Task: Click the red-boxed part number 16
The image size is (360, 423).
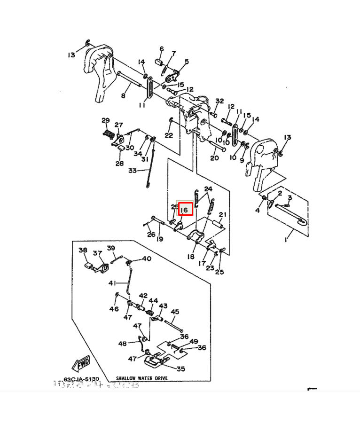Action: tap(185, 209)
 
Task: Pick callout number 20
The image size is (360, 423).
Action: tap(214, 158)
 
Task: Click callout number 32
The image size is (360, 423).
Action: tap(219, 102)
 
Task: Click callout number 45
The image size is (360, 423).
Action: tap(175, 312)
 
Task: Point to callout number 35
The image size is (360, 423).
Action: tap(180, 369)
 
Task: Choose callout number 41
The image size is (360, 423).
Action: tap(112, 283)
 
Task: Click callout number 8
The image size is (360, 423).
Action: tap(123, 96)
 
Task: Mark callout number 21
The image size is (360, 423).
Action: tap(222, 215)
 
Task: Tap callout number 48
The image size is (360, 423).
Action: tap(122, 344)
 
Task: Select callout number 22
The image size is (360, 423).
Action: tap(168, 135)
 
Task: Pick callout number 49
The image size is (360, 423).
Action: tap(194, 342)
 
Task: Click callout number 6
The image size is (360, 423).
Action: tap(161, 49)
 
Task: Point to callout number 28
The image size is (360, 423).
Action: tap(120, 163)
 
